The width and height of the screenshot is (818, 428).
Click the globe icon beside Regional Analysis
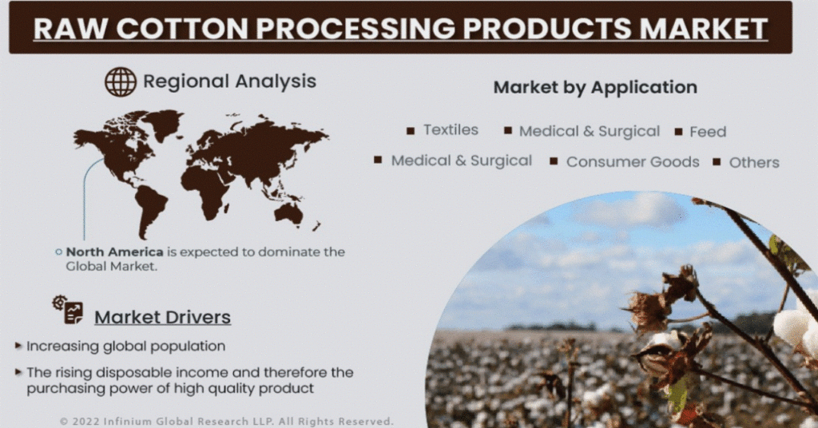tap(121, 81)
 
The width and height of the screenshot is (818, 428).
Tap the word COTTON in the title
tap(181, 28)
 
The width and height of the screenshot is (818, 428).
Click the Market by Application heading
tap(595, 87)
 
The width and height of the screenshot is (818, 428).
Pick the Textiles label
tap(451, 130)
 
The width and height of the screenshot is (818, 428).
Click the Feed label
tap(708, 132)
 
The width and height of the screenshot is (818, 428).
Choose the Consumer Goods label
tap(633, 162)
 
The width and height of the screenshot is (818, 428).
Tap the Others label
tap(754, 163)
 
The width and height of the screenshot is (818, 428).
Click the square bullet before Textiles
tap(411, 131)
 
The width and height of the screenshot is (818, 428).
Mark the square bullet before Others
tap(717, 162)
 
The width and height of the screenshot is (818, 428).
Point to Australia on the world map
tap(289, 212)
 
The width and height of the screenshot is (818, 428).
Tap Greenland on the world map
tap(163, 123)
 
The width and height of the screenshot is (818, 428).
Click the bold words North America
tap(115, 252)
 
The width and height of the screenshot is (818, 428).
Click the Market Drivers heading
tap(163, 317)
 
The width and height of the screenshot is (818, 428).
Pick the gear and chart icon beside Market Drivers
tap(68, 310)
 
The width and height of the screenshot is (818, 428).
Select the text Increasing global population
tap(125, 347)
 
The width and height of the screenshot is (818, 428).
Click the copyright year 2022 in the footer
tap(85, 422)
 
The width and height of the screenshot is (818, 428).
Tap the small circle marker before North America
tap(58, 252)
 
